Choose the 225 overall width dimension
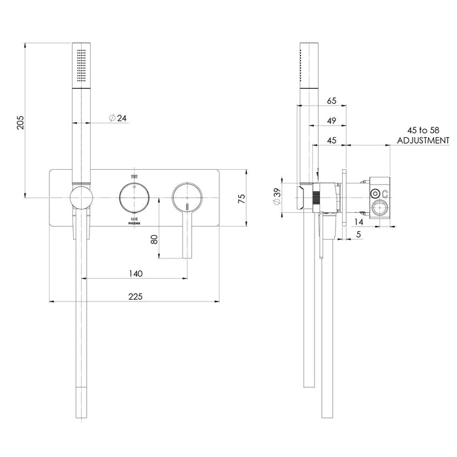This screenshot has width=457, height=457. click(x=135, y=296)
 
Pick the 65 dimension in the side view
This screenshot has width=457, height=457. click(x=330, y=101)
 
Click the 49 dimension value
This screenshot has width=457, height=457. click(x=330, y=121)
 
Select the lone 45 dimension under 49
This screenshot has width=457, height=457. click(x=330, y=140)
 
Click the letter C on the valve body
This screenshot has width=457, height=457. click(x=385, y=193)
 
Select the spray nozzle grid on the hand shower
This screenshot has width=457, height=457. click(x=81, y=66)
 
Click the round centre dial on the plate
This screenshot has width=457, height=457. click(x=134, y=197)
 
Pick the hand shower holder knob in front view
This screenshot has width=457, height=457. click(x=82, y=197)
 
